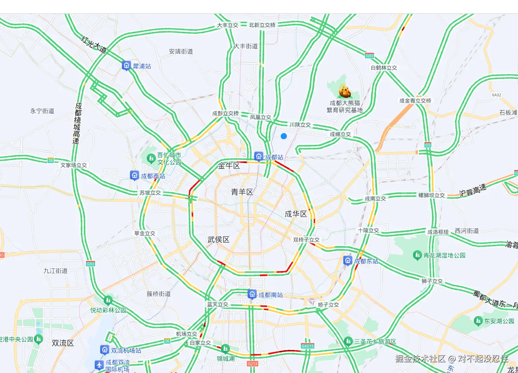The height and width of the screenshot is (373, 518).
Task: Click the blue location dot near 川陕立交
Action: (x=284, y=136)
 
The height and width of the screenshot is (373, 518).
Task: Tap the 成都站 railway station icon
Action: (x=259, y=156)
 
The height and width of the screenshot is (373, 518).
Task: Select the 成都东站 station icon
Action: (x=348, y=260)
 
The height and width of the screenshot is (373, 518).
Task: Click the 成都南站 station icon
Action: (x=252, y=294)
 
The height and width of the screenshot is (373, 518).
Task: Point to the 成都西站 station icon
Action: (x=135, y=175)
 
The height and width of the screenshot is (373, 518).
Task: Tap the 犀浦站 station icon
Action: (x=126, y=66)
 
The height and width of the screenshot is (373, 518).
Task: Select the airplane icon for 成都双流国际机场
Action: (x=99, y=365)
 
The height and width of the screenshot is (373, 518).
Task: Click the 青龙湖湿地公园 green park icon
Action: (x=417, y=255)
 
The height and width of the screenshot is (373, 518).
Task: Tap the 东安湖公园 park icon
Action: (x=478, y=321)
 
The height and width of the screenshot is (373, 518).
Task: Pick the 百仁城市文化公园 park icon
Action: (x=151, y=158)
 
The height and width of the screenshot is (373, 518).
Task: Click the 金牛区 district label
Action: (x=229, y=166)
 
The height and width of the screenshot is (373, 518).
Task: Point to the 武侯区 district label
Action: (x=219, y=240)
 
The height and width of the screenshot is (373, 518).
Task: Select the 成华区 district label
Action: (x=296, y=214)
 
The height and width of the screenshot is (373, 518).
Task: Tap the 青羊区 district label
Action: (x=242, y=192)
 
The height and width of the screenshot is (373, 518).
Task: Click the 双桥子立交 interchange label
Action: (x=306, y=240)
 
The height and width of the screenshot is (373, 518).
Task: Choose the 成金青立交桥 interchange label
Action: (x=415, y=101)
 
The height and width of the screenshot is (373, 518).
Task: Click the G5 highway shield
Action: (x=428, y=145)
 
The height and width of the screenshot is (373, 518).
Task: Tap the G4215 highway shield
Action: (x=308, y=346)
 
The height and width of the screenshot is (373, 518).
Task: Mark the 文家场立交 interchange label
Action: (x=74, y=165)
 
